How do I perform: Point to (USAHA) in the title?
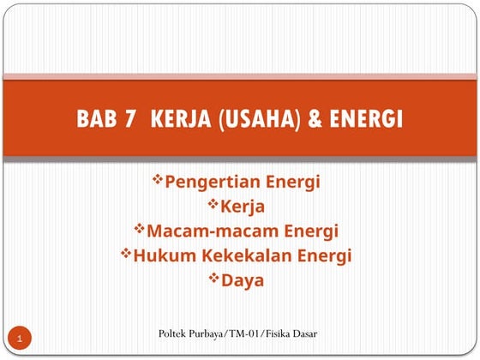click(258, 119)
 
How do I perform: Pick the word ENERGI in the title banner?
click(366, 119)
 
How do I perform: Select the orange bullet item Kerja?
click(243, 207)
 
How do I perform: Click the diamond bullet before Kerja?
click(213, 205)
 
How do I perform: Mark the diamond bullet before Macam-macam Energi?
click(140, 229)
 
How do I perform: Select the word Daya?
click(243, 280)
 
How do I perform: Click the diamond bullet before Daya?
click(215, 279)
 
